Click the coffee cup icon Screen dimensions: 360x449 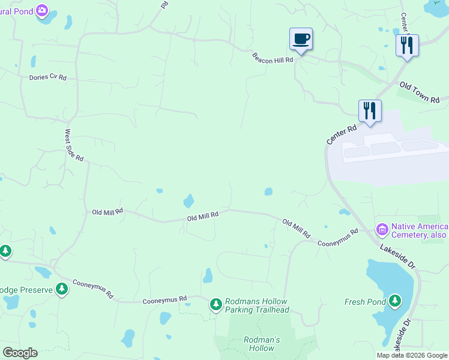point(301,40)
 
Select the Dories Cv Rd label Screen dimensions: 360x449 point(47,77)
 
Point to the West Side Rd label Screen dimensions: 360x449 point(74,145)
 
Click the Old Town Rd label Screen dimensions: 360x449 point(420,92)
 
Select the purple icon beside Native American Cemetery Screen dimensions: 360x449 point(382,229)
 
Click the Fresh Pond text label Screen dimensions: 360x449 point(365,302)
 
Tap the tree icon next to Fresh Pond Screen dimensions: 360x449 point(394,300)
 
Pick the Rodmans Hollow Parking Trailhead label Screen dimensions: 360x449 point(256,305)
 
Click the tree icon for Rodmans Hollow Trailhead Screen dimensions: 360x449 point(215,305)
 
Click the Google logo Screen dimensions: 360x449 point(20,353)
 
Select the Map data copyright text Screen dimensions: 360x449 point(412,355)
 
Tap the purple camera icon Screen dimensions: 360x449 point(42,10)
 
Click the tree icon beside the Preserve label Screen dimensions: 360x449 point(61,289)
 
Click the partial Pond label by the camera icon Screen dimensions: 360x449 point(14,11)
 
